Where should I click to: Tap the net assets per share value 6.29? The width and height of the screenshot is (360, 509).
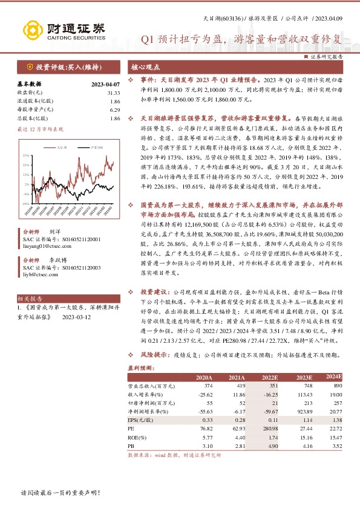click(x=115, y=109)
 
